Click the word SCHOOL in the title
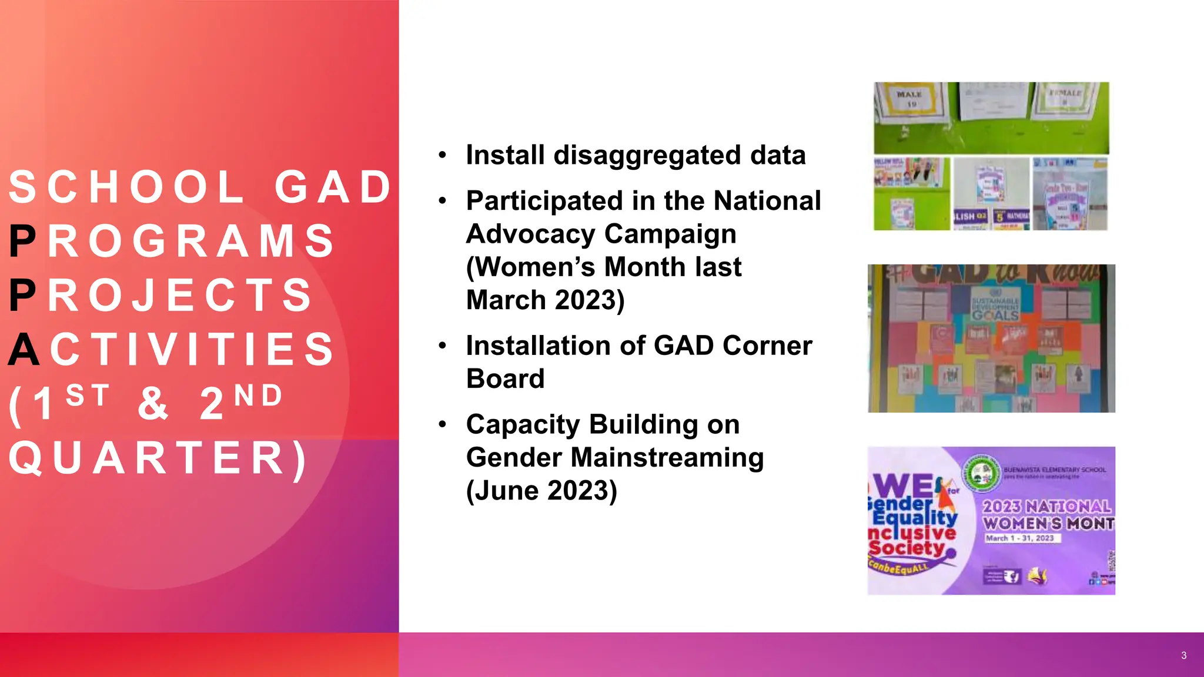(126, 187)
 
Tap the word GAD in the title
(333, 187)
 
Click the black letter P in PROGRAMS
(22, 242)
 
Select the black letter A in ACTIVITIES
(24, 350)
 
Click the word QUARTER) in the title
(158, 458)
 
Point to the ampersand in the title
(153, 404)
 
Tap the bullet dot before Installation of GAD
(443, 346)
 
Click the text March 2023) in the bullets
(545, 300)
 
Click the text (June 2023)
(541, 491)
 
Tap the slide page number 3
(1183, 655)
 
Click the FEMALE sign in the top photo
(1065, 97)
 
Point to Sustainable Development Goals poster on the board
(995, 306)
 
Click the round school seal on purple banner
(982, 474)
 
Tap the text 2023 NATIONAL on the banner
(1046, 507)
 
